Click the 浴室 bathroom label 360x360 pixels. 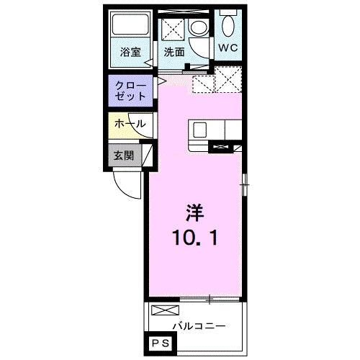point(130,52)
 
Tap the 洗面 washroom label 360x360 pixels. point(174,52)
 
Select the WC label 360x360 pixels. point(228,48)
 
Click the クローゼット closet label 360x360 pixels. point(130,91)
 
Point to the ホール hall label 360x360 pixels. point(130,124)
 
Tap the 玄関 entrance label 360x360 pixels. point(124,156)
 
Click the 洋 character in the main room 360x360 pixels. point(194,212)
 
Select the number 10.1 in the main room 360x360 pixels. point(194,238)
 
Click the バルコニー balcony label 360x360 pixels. point(199,326)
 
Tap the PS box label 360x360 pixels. point(161,343)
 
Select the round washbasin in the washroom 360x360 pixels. point(199,28)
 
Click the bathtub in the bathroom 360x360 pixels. point(130,24)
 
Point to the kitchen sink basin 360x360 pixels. point(200,130)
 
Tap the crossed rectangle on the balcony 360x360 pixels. point(166,310)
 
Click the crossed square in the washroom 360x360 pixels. point(173,27)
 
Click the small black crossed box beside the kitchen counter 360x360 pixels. point(220,147)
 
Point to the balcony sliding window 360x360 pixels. point(210,299)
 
